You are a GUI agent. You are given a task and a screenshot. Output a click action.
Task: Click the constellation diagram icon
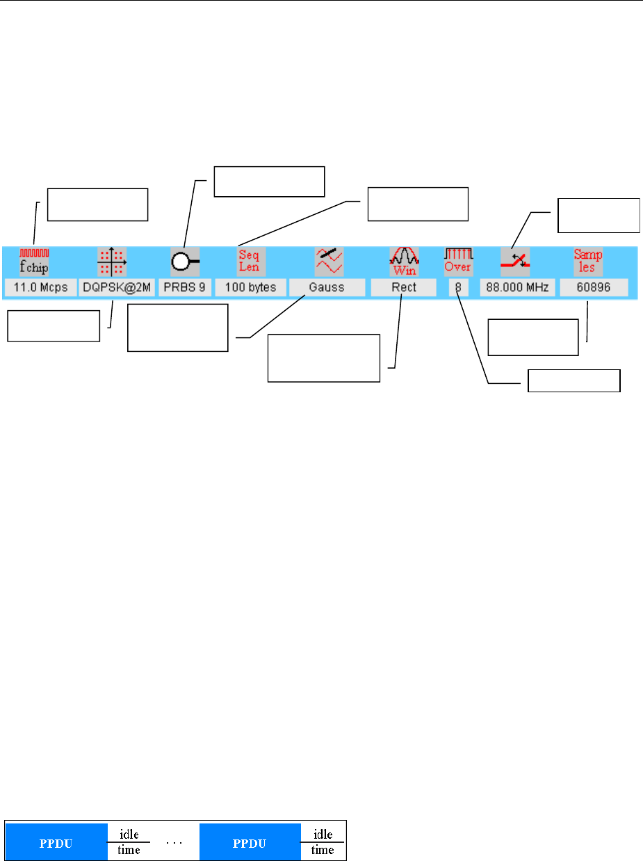(111, 262)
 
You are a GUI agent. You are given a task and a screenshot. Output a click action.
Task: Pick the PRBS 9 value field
(186, 287)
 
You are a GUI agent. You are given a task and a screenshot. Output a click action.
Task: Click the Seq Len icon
(249, 261)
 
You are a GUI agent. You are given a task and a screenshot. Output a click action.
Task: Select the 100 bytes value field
(250, 287)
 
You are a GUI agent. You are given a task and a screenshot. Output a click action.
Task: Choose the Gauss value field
(327, 287)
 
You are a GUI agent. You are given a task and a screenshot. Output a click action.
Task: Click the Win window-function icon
(405, 262)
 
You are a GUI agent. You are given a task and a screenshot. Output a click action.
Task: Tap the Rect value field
(404, 287)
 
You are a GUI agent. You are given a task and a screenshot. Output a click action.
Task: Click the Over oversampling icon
(458, 261)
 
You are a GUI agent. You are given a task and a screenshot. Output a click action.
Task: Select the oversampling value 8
(458, 287)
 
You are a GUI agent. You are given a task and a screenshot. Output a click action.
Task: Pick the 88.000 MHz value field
(516, 287)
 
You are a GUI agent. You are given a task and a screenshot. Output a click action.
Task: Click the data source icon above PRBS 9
(185, 261)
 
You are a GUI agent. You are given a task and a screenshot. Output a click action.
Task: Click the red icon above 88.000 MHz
(516, 261)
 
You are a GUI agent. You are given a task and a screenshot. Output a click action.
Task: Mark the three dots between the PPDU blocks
(174, 842)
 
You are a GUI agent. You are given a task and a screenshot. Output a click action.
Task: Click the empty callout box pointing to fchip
(97, 204)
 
